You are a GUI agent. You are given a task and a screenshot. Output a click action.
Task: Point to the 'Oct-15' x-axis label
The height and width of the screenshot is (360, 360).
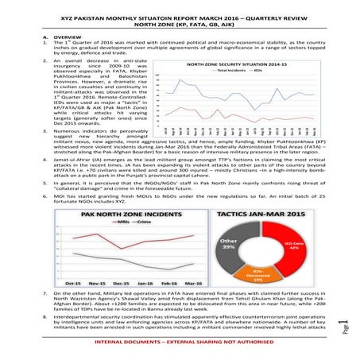(x=73, y=283)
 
